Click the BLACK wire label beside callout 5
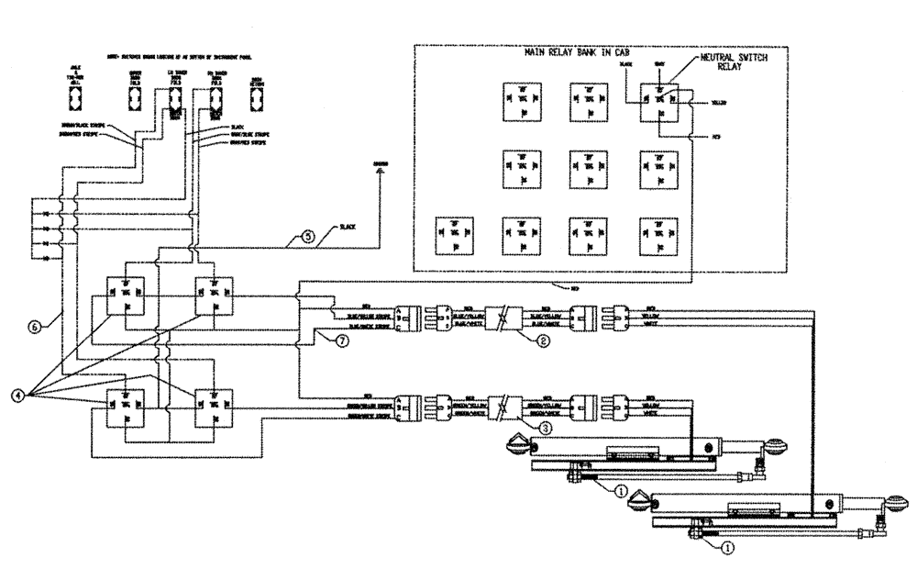click(347, 226)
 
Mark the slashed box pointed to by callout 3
click(502, 405)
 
